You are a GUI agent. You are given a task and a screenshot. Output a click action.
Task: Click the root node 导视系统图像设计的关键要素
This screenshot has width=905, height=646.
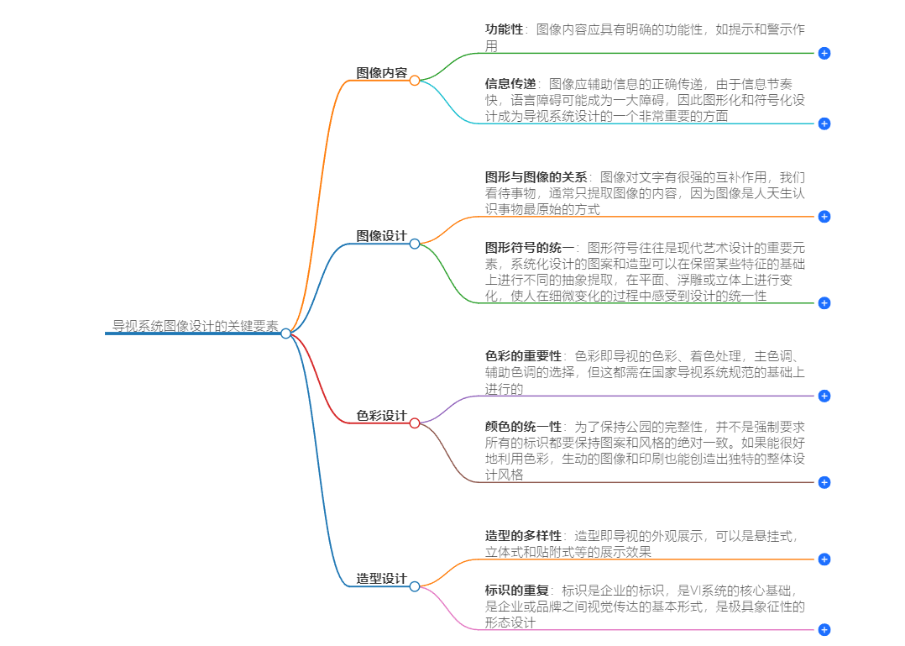[x=196, y=326]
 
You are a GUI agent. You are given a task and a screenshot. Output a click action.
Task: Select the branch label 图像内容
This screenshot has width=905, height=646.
[x=381, y=73]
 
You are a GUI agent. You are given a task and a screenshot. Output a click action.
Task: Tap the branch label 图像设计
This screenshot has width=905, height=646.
[x=381, y=236]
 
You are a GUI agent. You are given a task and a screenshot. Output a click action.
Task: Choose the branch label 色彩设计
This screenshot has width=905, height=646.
[x=381, y=416]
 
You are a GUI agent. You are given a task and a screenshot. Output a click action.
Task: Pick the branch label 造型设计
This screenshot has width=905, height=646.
[x=381, y=579]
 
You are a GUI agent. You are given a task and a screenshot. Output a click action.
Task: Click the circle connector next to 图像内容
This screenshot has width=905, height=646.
[x=415, y=80]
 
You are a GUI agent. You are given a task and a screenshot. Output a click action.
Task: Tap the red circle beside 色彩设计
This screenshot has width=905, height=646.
[x=415, y=423]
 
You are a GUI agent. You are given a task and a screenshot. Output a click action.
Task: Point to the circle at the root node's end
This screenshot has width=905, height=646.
[x=285, y=334]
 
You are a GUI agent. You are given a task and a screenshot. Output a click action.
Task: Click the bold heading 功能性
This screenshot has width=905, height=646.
[x=504, y=29]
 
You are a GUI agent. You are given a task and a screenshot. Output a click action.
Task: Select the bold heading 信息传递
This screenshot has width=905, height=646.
[x=510, y=84]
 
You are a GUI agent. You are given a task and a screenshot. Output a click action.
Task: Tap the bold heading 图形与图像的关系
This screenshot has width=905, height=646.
[x=536, y=177]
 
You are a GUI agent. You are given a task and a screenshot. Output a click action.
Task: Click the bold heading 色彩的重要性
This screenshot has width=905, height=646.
[x=523, y=356]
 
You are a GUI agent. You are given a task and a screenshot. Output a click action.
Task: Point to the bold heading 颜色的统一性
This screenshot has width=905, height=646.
[x=523, y=427]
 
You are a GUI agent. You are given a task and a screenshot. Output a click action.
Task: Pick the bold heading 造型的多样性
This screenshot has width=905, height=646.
[x=523, y=536]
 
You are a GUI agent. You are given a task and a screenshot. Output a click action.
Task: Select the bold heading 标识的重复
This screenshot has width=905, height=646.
[x=516, y=590]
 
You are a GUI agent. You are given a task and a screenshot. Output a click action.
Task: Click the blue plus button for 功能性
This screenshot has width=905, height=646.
[x=824, y=53]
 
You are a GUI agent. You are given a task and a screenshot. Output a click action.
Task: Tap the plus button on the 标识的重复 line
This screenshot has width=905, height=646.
[x=824, y=629]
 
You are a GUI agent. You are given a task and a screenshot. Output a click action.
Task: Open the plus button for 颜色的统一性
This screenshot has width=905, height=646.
[x=824, y=482]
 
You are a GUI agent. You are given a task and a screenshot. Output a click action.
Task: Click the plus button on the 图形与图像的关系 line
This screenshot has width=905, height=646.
[x=824, y=217]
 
